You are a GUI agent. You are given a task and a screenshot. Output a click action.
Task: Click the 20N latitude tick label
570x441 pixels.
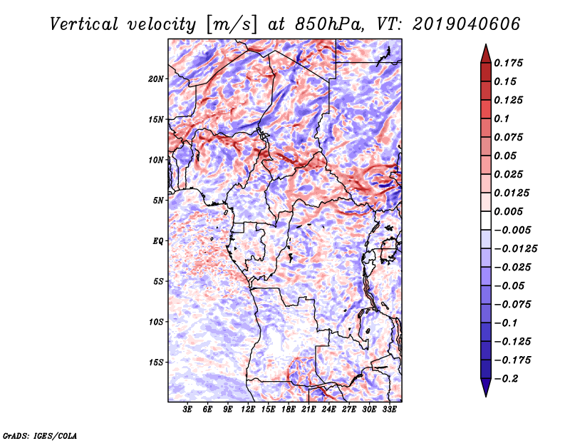pos(156,79)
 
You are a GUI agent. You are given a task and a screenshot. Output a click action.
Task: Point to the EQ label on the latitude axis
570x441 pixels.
pos(158,241)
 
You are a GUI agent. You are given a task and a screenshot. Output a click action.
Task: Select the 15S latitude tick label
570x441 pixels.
pos(156,363)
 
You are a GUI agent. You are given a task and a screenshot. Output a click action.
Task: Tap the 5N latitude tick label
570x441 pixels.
pos(158,201)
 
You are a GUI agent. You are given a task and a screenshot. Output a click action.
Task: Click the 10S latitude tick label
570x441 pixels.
pos(156,322)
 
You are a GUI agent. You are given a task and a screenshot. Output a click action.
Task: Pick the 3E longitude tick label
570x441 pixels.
pos(187,410)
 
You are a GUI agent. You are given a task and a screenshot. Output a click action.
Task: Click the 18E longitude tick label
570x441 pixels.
pos(289,410)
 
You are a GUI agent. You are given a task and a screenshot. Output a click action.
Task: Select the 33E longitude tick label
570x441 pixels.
pos(389,410)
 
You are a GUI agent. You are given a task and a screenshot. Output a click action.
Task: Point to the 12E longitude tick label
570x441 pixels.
pos(248,410)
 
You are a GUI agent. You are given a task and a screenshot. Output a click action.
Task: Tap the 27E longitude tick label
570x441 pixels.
pos(349,410)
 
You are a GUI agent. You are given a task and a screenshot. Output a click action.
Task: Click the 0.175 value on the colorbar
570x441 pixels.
pos(508,63)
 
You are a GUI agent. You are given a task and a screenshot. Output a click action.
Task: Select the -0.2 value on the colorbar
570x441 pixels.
pos(507,379)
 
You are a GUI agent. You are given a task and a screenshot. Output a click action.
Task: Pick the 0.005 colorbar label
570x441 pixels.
pos(508,211)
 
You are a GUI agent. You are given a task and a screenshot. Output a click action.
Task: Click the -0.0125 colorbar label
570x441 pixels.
pos(516,249)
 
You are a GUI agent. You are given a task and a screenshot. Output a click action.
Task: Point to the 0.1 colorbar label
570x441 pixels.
pos(502,118)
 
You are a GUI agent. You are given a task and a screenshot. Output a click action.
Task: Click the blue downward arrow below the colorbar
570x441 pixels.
pos(486,387)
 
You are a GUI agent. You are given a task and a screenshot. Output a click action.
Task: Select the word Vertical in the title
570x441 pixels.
pos(84,24)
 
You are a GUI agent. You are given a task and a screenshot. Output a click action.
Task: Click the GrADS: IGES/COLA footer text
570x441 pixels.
pos(40,435)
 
